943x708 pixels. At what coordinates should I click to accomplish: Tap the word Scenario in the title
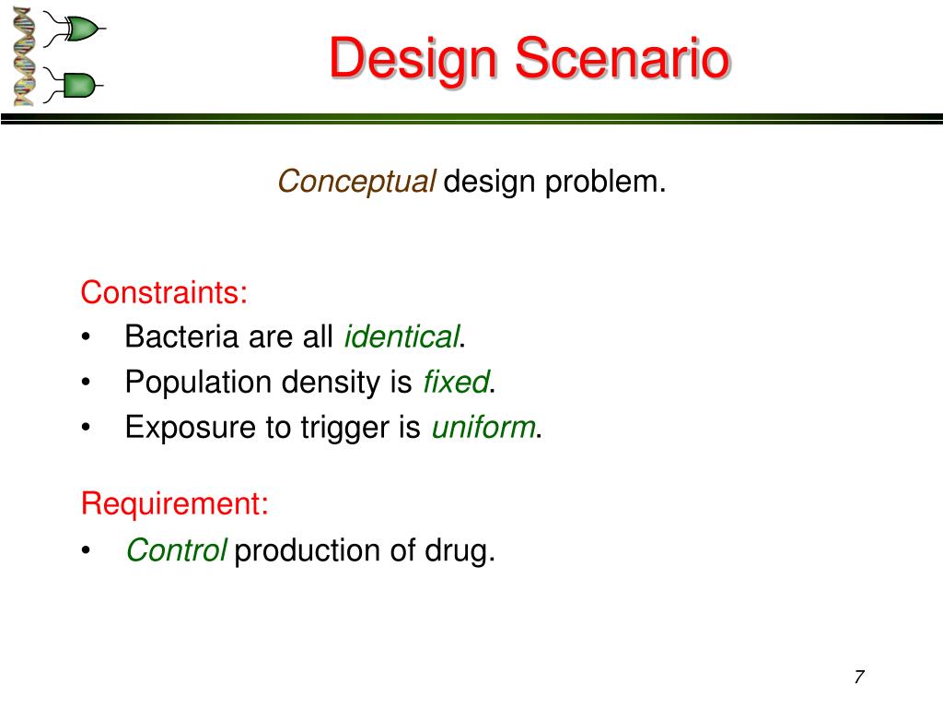click(x=622, y=58)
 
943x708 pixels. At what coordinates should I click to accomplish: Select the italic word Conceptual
click(x=356, y=182)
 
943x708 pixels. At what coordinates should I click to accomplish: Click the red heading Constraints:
click(x=164, y=292)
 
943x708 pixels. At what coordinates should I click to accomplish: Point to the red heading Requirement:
click(x=174, y=504)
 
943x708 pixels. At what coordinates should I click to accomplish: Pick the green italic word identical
click(x=402, y=336)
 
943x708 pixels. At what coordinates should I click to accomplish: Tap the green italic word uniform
click(x=483, y=428)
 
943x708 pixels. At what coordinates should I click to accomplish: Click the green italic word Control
click(x=176, y=549)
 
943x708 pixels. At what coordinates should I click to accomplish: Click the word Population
click(x=199, y=383)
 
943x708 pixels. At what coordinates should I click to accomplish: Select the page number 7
click(x=859, y=677)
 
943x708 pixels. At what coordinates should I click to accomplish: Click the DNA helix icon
click(x=23, y=57)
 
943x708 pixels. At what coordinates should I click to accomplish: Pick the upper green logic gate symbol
click(x=75, y=29)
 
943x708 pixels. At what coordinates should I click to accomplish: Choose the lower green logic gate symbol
click(x=74, y=85)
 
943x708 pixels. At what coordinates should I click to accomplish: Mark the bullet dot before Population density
click(x=86, y=382)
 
